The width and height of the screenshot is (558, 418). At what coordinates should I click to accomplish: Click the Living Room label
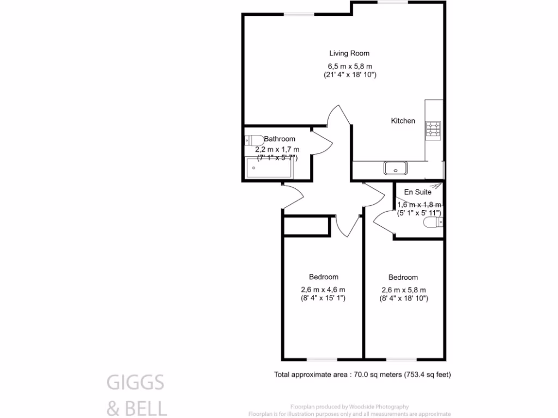(349, 53)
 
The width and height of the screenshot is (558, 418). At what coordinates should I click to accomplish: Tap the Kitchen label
(403, 121)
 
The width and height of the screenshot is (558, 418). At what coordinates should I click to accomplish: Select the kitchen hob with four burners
(433, 129)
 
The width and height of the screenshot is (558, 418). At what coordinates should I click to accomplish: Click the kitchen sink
(396, 168)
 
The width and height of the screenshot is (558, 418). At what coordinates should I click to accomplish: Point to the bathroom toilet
(253, 139)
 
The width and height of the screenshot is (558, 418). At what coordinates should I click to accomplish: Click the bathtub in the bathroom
(270, 168)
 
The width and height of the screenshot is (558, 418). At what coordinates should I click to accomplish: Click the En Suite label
(417, 192)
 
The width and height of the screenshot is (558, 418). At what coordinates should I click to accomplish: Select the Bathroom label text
(280, 139)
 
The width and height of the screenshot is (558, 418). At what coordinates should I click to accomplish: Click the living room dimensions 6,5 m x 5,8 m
(349, 66)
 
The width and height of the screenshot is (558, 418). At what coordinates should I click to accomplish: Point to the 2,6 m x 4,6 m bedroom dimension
(323, 290)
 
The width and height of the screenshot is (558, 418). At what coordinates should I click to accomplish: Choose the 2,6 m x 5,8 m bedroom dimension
(403, 290)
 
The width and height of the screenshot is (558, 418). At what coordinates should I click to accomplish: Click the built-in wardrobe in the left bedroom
(307, 226)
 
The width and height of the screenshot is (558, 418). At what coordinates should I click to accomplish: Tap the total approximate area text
(362, 374)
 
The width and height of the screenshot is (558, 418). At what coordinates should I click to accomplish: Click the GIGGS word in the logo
(135, 383)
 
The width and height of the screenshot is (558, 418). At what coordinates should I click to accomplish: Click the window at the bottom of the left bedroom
(322, 359)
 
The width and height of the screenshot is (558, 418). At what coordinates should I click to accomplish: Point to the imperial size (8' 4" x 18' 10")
(403, 298)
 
